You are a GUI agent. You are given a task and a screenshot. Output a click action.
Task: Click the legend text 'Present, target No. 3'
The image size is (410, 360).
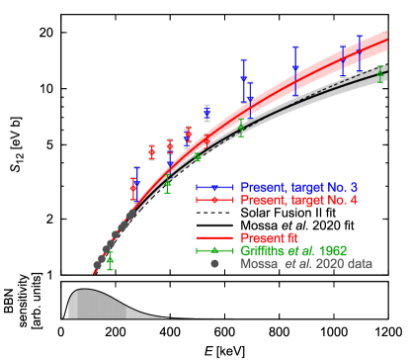click(x=299, y=187)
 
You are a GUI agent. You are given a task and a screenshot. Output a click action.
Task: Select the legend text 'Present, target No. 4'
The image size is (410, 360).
click(x=299, y=200)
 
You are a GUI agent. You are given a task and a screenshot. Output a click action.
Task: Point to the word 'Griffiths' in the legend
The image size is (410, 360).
click(x=262, y=251)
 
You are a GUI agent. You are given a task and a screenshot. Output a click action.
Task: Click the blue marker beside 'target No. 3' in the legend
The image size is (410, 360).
click(x=214, y=187)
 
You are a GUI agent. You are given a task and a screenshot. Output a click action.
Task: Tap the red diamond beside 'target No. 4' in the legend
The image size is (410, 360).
click(x=214, y=200)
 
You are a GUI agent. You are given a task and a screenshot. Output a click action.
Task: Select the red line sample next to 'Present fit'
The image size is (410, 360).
click(x=214, y=238)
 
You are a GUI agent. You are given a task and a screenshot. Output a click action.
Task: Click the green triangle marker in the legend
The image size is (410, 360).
click(x=214, y=251)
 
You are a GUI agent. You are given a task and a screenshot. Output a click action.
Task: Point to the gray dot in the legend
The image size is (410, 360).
click(x=214, y=264)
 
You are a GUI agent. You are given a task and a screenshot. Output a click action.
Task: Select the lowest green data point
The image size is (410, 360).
click(x=110, y=261)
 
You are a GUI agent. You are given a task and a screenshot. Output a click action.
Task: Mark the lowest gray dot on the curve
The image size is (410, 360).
click(x=97, y=265)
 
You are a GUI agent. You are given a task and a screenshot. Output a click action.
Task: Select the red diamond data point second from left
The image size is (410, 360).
click(x=151, y=152)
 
